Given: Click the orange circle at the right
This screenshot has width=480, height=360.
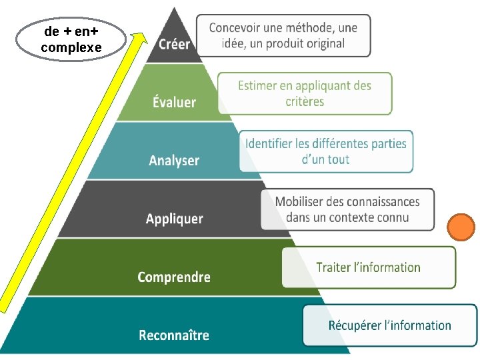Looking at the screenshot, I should [461, 227].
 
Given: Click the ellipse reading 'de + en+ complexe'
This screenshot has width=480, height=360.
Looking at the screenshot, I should [71, 39].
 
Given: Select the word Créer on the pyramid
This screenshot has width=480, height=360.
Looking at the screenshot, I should [174, 45].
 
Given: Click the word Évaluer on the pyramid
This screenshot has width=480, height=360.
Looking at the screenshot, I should [174, 102].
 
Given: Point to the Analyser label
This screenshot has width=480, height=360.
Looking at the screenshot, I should [174, 160].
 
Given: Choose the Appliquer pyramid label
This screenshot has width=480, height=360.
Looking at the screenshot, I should [175, 219].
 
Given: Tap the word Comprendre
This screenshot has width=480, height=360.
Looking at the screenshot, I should [174, 277].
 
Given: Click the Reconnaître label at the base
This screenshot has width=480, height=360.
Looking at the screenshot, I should [174, 335].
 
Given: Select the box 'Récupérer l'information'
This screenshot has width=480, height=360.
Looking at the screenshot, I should [389, 325].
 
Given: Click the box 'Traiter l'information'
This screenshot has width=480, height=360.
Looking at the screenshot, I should [368, 267].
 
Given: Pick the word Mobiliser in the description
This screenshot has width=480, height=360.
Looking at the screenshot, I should [300, 201].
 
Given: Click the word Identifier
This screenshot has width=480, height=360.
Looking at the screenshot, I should [269, 143].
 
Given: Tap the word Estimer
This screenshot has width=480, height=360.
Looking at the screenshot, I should [256, 85].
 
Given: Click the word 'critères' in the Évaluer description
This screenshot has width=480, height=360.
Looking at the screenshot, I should [305, 101].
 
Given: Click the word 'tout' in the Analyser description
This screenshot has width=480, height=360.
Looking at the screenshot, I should [339, 159].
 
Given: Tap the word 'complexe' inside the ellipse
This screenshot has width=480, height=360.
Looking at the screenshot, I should [71, 47].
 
